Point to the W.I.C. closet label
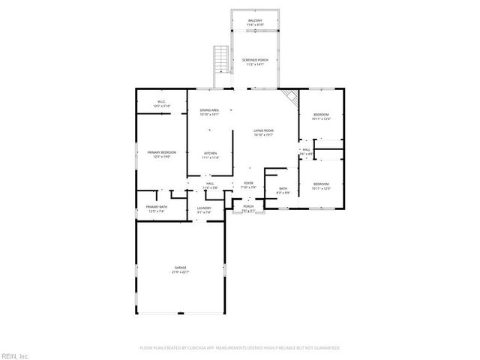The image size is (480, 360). coord(161,103)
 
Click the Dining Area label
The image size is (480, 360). coord(209,112)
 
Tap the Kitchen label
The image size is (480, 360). coord(211,155)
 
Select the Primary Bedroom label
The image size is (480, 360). coord(161,154)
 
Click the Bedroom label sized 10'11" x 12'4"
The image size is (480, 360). coord(321,115)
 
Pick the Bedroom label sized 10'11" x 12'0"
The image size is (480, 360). coord(321,185)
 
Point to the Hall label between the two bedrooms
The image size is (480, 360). coord(306,151)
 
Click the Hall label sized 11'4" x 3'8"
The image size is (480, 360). coord(211,184)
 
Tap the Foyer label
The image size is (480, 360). coord(248,184)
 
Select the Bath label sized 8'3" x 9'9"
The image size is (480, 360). coord(283,190)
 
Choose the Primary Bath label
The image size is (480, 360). coord(157,208)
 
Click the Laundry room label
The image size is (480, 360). coord(204,210)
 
